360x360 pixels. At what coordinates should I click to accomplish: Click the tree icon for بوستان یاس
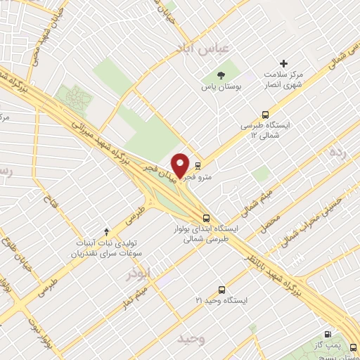point(220,75)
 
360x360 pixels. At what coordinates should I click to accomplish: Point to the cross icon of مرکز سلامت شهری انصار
point(284,64)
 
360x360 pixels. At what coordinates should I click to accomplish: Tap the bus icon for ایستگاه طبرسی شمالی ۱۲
point(265,114)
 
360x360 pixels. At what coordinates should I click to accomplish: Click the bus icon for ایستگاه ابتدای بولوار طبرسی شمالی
point(206,218)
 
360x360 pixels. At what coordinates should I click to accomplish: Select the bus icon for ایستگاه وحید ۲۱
point(222,290)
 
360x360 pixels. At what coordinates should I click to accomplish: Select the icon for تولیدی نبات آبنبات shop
point(107,230)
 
